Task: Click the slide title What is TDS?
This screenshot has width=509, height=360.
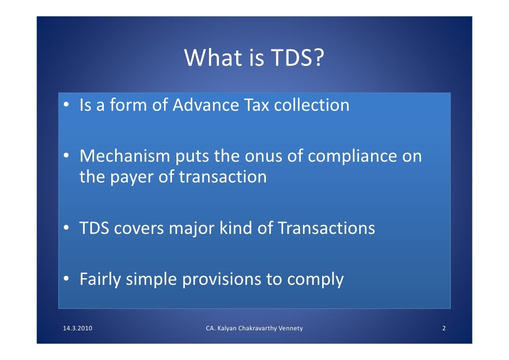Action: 254,59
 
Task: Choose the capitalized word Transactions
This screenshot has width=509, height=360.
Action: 326,228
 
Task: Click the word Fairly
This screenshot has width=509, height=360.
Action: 100,280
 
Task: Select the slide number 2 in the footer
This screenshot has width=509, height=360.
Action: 444,328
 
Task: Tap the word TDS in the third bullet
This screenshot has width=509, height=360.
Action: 94,228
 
